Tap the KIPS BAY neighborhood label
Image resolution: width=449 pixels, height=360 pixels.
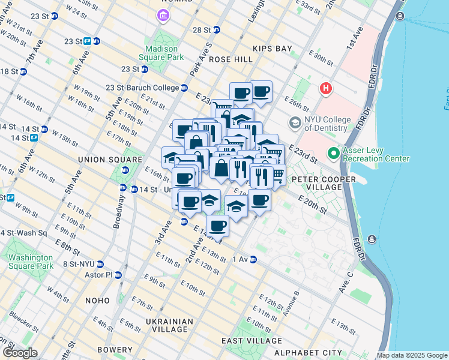tap(272, 48)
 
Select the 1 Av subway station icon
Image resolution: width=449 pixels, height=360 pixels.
tap(253, 260)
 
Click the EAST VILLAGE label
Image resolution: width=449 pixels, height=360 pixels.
tap(249, 341)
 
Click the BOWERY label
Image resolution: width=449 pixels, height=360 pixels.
tap(113, 350)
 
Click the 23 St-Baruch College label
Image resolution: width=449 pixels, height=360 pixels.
tap(142, 88)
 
